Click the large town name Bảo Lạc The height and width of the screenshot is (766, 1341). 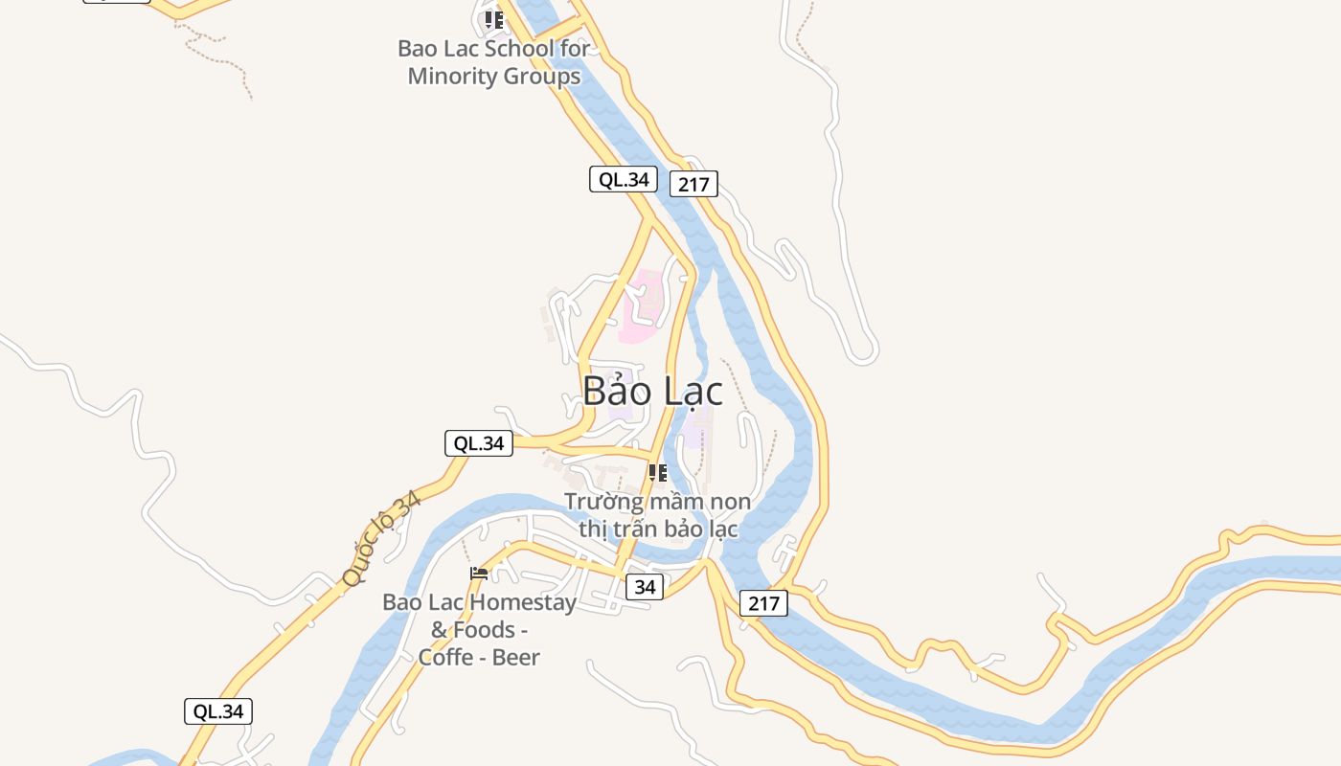(x=652, y=391)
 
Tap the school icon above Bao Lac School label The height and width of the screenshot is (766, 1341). (x=494, y=19)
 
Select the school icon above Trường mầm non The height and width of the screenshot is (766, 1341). (x=658, y=473)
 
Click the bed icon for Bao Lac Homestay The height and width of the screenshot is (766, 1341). (x=479, y=574)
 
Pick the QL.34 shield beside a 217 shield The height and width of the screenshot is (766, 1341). (x=623, y=179)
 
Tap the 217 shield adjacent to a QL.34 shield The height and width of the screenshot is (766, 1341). (x=693, y=184)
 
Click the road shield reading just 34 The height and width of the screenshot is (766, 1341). (x=645, y=587)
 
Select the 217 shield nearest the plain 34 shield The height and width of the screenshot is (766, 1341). (x=763, y=603)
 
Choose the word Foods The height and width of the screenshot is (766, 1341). (x=484, y=630)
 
